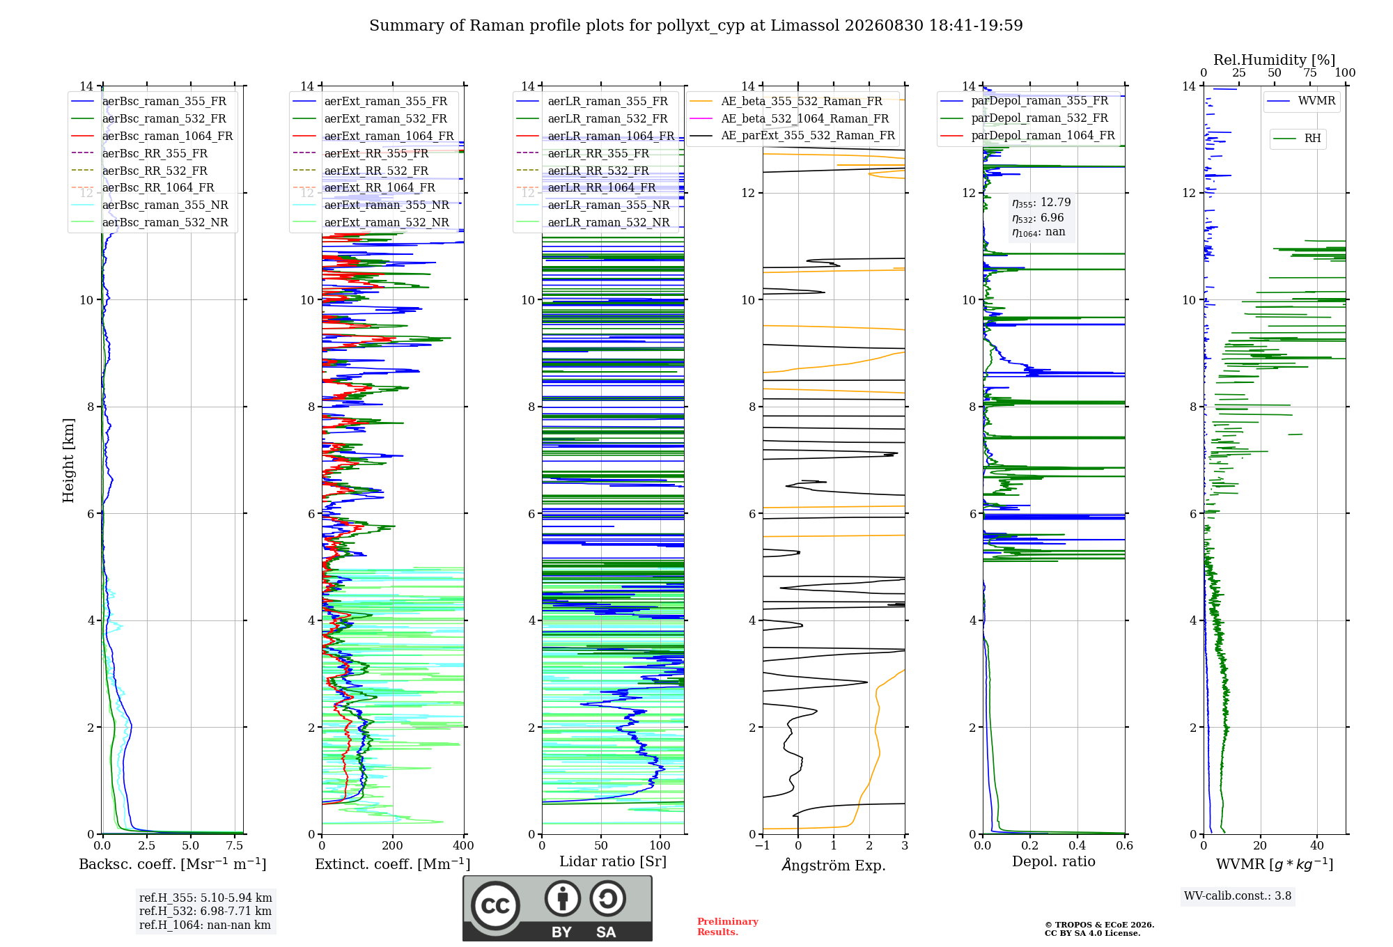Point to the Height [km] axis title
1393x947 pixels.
click(68, 460)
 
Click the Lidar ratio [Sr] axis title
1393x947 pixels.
click(613, 861)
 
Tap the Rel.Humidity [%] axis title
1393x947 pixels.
click(1275, 60)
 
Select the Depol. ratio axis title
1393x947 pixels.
click(1054, 861)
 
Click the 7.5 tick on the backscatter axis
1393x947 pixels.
click(235, 845)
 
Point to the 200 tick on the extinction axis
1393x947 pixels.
click(393, 845)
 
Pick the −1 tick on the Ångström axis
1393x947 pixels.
click(763, 845)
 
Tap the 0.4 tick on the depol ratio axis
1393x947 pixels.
click(1077, 845)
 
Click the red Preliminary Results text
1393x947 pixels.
click(728, 927)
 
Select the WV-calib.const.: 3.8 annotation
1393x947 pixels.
click(1238, 896)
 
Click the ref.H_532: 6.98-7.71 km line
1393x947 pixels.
click(205, 911)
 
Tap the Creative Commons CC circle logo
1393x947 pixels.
click(495, 906)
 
